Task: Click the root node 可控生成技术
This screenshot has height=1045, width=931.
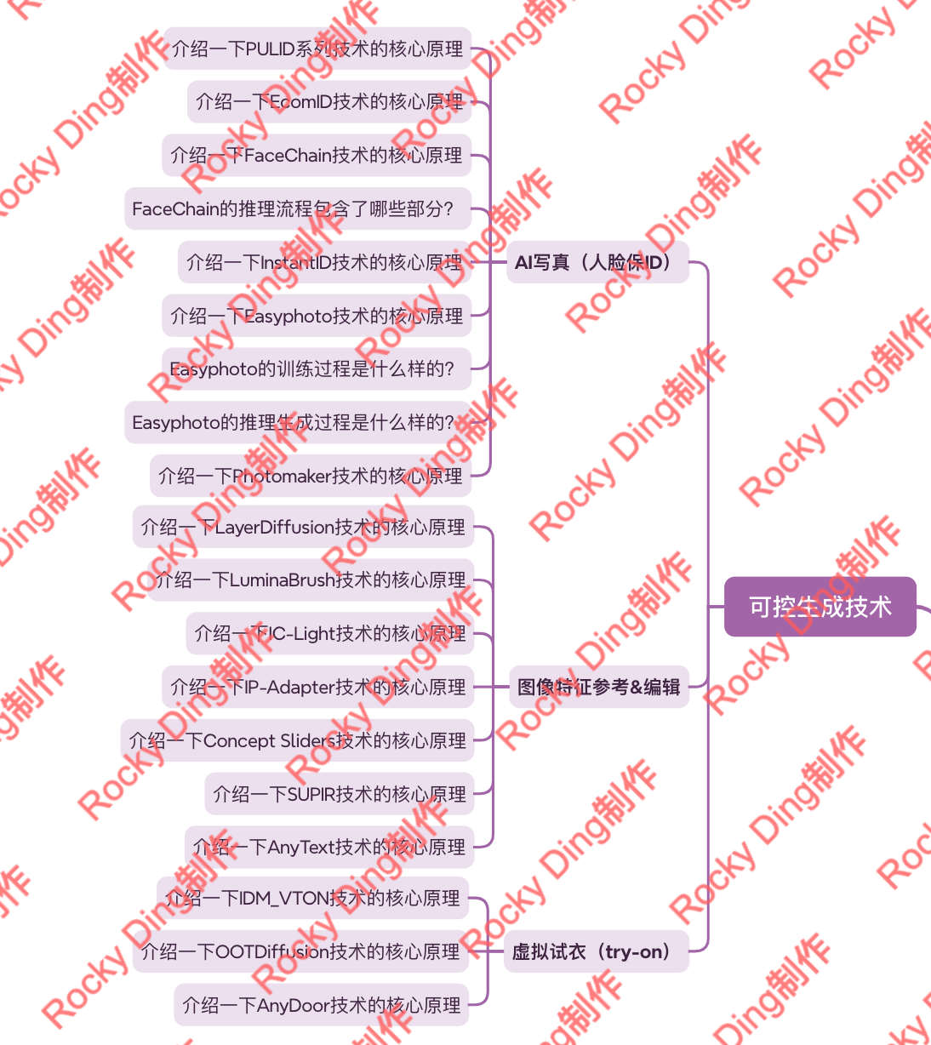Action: pyautogui.click(x=820, y=607)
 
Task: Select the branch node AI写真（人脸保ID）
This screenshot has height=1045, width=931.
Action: pyautogui.click(x=597, y=262)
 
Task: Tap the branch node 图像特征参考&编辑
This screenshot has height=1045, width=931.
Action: pyautogui.click(x=598, y=687)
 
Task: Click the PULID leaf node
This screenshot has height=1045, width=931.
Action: pyautogui.click(x=317, y=49)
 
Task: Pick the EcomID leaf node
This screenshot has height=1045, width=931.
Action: pyautogui.click(x=328, y=102)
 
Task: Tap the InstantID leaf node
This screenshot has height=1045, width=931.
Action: pyautogui.click(x=323, y=262)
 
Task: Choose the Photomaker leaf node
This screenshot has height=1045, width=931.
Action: pyautogui.click(x=310, y=476)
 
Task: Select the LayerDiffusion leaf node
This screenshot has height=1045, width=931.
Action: pyautogui.click(x=303, y=527)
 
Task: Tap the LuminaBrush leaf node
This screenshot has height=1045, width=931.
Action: pyautogui.click(x=310, y=580)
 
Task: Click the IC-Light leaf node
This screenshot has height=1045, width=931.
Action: pyautogui.click(x=329, y=634)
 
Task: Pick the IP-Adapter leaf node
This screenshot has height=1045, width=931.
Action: pyautogui.click(x=317, y=687)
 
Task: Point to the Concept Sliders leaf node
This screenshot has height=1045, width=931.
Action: pyautogui.click(x=297, y=740)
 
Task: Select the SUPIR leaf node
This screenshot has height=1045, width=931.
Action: pyautogui.click(x=339, y=794)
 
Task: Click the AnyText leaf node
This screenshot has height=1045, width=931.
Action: pyautogui.click(x=328, y=847)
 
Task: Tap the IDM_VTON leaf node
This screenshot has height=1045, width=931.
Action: pyautogui.click(x=312, y=898)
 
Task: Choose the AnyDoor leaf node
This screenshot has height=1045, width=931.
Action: pyautogui.click(x=321, y=1005)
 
